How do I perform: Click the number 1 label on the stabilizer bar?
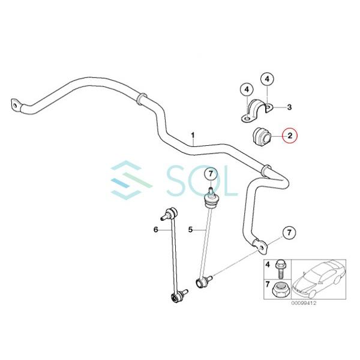(x=193, y=136)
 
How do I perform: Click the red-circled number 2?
(x=289, y=136)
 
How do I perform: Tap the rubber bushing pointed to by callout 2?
(x=260, y=134)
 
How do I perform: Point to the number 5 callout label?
(x=190, y=229)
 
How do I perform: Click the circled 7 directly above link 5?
(x=210, y=174)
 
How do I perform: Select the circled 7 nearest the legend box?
(x=289, y=232)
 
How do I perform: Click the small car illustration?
(x=318, y=279)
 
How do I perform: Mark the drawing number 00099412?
(x=304, y=304)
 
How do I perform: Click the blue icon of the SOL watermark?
(x=129, y=178)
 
